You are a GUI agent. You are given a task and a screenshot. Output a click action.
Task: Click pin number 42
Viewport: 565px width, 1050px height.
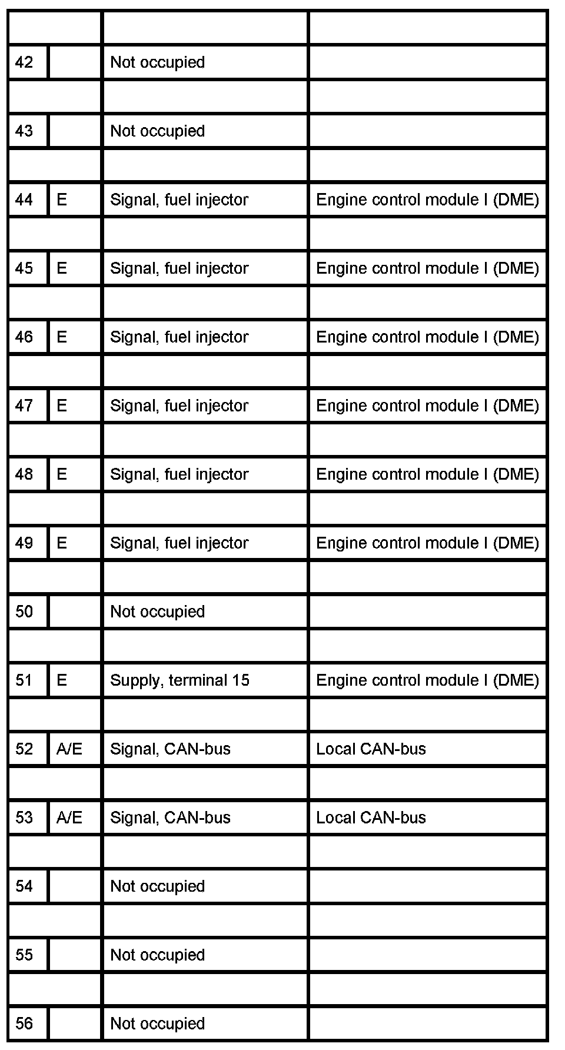coord(24,62)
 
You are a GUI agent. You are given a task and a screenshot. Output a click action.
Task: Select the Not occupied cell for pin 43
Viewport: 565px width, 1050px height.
coord(157,131)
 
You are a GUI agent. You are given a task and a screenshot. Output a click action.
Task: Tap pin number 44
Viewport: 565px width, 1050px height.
coord(24,200)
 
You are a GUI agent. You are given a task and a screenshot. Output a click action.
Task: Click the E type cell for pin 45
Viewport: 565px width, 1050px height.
coord(62,268)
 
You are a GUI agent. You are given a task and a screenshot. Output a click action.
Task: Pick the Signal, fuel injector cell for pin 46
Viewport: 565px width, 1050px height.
coord(179,337)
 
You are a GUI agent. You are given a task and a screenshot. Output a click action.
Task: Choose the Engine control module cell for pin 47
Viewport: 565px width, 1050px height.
coord(427,406)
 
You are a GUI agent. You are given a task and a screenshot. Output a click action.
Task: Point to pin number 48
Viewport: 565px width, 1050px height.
coord(24,474)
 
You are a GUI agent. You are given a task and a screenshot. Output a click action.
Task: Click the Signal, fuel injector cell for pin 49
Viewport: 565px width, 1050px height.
coord(179,543)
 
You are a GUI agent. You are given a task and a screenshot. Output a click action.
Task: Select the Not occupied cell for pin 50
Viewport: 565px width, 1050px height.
coord(157,612)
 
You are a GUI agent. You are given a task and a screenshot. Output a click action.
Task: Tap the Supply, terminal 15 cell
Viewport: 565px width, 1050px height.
coord(180,680)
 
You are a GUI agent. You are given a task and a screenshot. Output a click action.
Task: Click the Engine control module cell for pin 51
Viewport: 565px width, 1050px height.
coord(427,680)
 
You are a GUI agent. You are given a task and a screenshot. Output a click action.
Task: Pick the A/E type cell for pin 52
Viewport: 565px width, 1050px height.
coord(69,749)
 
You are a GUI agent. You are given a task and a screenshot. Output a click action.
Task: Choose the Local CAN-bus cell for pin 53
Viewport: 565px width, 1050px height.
coord(371,818)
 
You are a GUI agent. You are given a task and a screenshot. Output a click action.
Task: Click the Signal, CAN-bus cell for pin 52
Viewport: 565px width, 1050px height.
coord(170,749)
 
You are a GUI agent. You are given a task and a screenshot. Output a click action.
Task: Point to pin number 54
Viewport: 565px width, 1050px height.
coord(24,886)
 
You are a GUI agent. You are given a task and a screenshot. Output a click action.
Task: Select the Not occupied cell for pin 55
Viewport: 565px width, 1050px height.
coord(157,955)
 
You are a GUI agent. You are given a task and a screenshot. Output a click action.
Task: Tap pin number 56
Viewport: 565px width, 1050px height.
coord(24,1024)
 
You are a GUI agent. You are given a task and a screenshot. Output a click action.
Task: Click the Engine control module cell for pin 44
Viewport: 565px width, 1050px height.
coord(427,200)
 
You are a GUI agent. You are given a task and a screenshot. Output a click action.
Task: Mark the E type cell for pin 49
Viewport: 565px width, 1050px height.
coord(62,543)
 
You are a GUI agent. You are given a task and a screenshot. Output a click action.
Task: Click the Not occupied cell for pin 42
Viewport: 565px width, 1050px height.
coord(157,62)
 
